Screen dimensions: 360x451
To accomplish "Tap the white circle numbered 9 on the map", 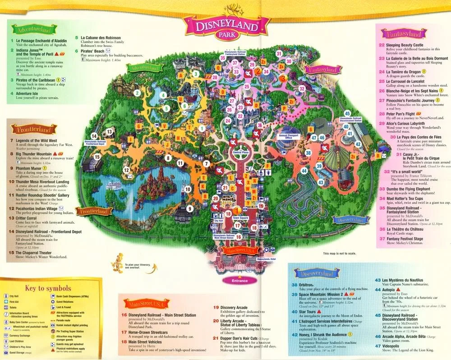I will click(x=190, y=209).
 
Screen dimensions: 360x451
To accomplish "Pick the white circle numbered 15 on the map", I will click(x=97, y=157).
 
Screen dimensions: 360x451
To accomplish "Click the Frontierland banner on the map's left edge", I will click(x=95, y=211).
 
